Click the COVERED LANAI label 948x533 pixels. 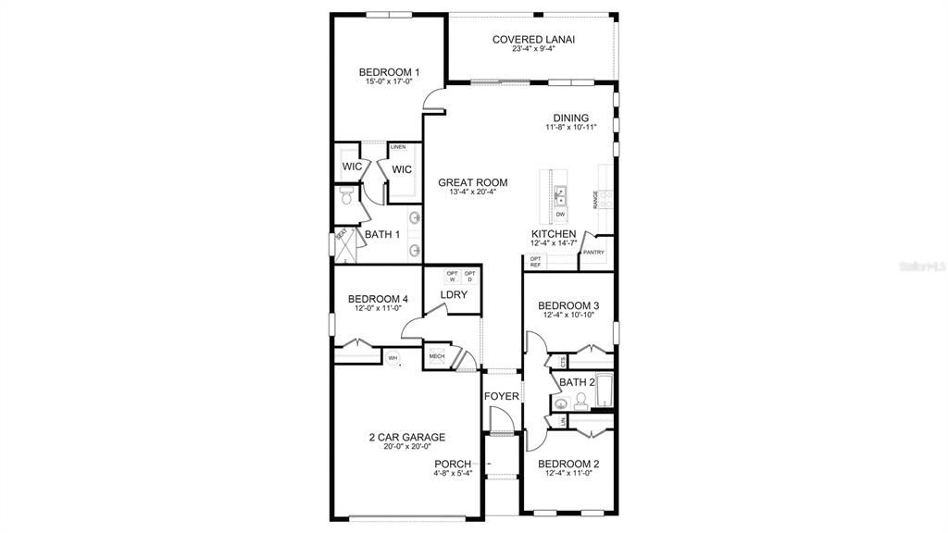click(x=533, y=39)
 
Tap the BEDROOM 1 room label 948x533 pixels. click(x=389, y=71)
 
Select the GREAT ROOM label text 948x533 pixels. click(x=472, y=183)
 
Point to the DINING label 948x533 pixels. click(x=571, y=118)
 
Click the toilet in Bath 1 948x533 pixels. click(x=345, y=197)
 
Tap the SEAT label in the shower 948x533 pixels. click(x=341, y=233)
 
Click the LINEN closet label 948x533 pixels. click(x=398, y=147)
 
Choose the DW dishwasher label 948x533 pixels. click(x=561, y=215)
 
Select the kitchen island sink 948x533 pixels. click(x=561, y=194)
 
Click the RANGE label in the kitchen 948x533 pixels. click(x=595, y=199)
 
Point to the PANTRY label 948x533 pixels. click(x=593, y=252)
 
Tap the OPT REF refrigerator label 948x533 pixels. click(x=535, y=262)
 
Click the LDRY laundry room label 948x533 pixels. click(x=454, y=295)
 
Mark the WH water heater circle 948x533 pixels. click(x=393, y=358)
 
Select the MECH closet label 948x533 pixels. click(x=436, y=356)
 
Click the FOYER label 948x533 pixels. click(x=501, y=397)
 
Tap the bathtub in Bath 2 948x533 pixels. click(x=603, y=391)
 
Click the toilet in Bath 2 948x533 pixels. click(x=580, y=400)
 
